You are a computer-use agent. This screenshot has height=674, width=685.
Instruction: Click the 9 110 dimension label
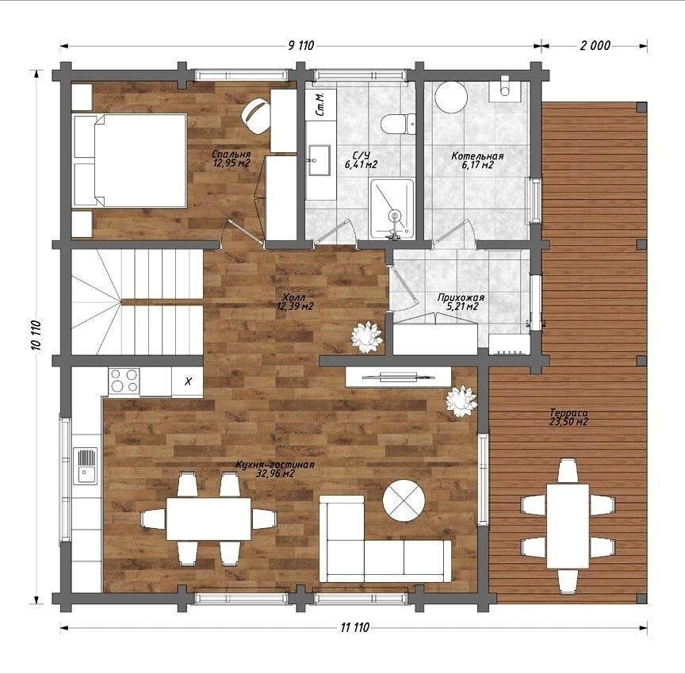click(301, 45)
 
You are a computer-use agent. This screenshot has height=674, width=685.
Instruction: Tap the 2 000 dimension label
click(595, 45)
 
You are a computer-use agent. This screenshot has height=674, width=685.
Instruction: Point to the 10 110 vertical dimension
click(36, 335)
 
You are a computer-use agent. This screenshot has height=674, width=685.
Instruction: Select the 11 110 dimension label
click(354, 628)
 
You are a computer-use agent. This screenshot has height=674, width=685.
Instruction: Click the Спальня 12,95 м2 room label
click(231, 159)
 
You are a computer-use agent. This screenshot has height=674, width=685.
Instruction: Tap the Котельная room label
click(477, 156)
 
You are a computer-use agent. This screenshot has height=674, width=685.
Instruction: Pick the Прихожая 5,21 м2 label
click(461, 302)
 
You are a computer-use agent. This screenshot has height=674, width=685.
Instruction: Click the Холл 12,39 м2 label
click(295, 301)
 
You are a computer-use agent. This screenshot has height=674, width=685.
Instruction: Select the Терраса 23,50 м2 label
click(568, 417)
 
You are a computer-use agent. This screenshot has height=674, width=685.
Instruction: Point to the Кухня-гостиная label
click(275, 465)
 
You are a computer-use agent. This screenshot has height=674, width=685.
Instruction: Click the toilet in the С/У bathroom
click(398, 124)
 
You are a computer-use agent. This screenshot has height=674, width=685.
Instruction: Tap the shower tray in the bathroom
click(392, 209)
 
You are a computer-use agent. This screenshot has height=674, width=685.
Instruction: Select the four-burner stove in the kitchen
click(124, 380)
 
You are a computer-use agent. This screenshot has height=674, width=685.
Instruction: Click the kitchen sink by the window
click(86, 466)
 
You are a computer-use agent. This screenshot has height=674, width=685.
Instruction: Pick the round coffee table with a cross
click(404, 500)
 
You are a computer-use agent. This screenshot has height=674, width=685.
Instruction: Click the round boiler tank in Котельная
click(451, 97)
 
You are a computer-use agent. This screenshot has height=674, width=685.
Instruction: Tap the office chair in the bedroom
click(256, 115)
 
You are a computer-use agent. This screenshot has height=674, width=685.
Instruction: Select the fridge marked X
click(187, 381)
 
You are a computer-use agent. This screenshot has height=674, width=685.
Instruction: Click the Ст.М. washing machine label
click(320, 105)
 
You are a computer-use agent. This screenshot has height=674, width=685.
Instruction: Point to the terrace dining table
click(568, 526)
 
